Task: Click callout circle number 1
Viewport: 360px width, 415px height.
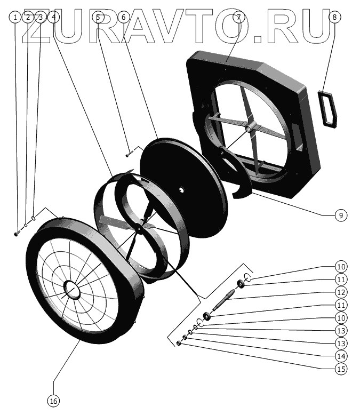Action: point(15,17)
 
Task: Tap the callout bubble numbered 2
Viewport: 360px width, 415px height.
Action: point(28,17)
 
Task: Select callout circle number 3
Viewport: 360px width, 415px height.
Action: point(40,17)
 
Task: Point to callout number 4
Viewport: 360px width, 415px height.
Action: point(52,17)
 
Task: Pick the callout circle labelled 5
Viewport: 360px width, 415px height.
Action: point(98,17)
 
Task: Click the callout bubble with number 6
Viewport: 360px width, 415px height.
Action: point(123,17)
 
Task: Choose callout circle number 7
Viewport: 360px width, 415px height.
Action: point(238,17)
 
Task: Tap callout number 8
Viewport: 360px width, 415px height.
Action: point(334,17)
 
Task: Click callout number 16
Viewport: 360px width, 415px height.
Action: point(54,400)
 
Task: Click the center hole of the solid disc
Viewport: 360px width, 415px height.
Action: point(182,189)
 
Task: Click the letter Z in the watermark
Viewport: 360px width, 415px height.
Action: point(40,27)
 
